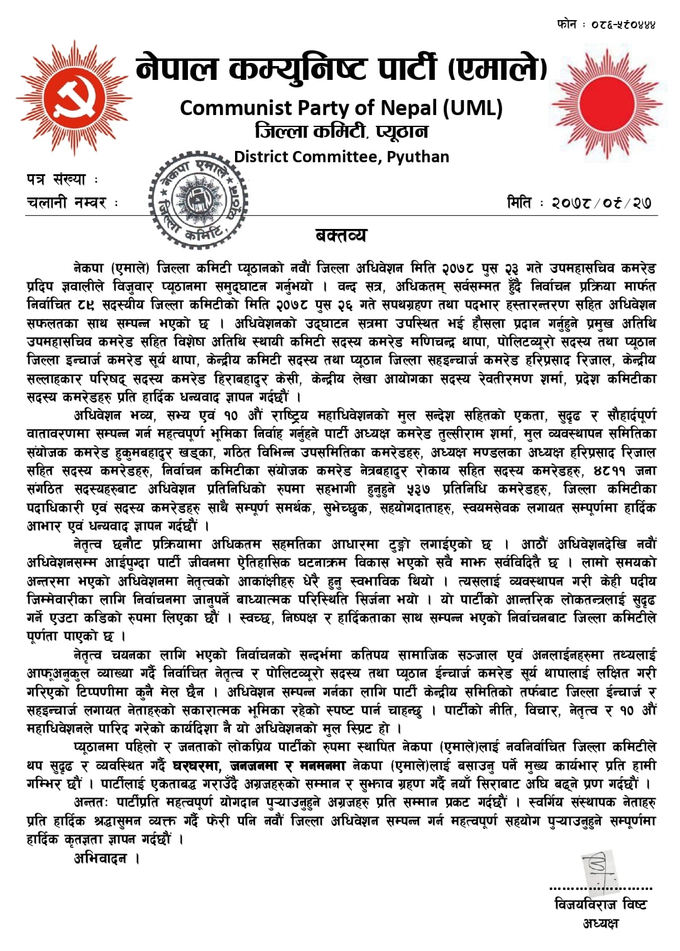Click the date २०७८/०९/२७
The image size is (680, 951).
(x=601, y=203)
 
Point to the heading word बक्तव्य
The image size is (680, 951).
(x=341, y=236)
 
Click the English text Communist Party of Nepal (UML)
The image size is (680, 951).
(x=341, y=108)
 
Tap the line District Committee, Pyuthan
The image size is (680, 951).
(x=341, y=157)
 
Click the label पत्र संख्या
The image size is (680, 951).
(x=56, y=180)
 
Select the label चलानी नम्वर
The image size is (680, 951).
(x=67, y=203)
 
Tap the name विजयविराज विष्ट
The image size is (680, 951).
(x=600, y=904)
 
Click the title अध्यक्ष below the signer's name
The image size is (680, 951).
(x=600, y=923)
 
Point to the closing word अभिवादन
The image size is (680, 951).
(x=101, y=859)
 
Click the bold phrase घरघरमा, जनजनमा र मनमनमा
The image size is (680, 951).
(x=260, y=765)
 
